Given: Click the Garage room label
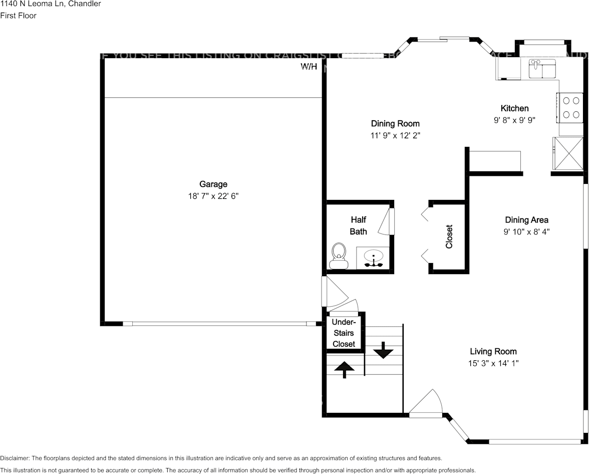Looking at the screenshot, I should pos(213,184).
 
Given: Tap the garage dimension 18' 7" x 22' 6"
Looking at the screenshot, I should pos(213,196).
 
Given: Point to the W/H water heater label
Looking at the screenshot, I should pos(309,67).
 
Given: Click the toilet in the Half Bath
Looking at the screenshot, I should pos(339,256).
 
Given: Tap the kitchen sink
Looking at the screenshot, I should pos(542,69).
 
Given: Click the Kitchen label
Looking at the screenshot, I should pos(514,108).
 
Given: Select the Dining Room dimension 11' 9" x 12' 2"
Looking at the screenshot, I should pos(395,136).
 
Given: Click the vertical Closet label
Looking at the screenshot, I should pos(449,236).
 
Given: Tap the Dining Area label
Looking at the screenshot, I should pos(526,220).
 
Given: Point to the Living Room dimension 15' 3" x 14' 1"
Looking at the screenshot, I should pos(493,363).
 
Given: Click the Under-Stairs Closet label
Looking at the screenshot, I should pos(344,333).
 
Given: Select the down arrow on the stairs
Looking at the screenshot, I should pos(383,350).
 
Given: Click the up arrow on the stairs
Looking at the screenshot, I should pos(344,370).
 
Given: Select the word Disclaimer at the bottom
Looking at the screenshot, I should pos(15,458).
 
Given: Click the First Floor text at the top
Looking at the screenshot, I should pos(18,16).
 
